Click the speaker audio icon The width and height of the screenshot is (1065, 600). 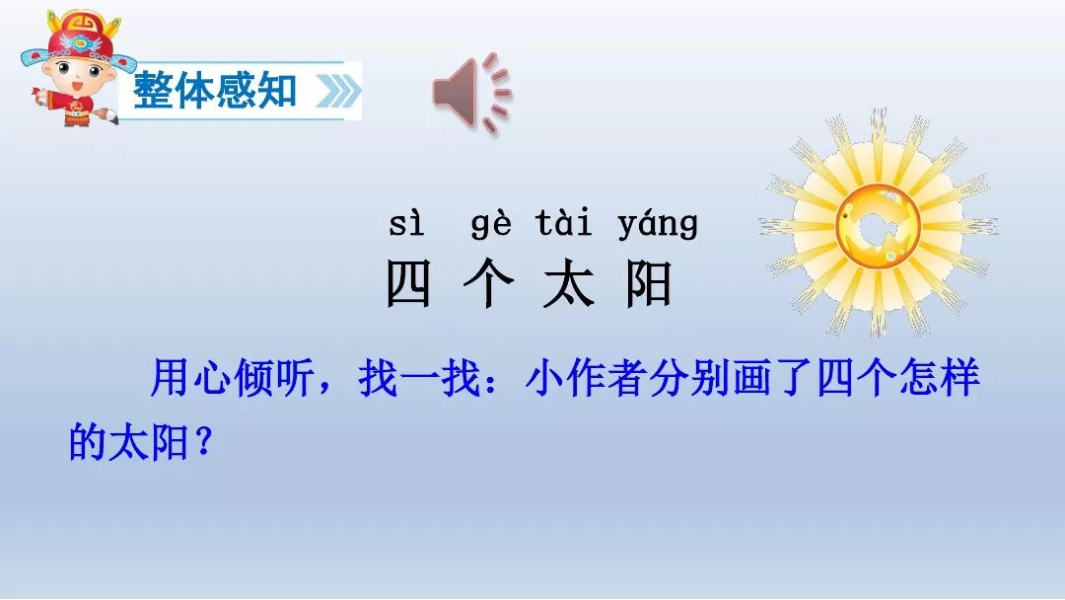coord(471,93)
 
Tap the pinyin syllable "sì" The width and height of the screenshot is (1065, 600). coord(407,224)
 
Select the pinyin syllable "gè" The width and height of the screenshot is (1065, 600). coord(491,224)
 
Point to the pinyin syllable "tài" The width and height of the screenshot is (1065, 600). coord(563,223)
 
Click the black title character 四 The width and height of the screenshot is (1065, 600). coord(408,283)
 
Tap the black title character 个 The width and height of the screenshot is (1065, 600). coord(488,283)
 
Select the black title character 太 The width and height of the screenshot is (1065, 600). coord(569,283)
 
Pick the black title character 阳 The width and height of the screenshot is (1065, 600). coord(649,283)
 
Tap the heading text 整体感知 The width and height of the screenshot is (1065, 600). coord(215,91)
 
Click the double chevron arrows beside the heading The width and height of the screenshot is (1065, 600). coord(337,91)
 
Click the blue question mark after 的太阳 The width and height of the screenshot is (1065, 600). coord(203,442)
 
